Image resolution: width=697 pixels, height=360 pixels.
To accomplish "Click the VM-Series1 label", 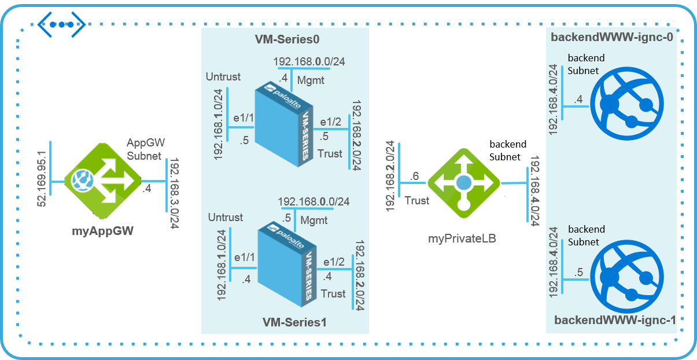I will click(x=294, y=322).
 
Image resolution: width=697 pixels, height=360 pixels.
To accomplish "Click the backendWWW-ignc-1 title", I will click(x=615, y=320).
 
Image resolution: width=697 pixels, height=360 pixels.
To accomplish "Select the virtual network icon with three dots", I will click(x=61, y=24).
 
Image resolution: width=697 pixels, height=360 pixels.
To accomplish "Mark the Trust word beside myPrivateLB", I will click(x=417, y=200).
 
